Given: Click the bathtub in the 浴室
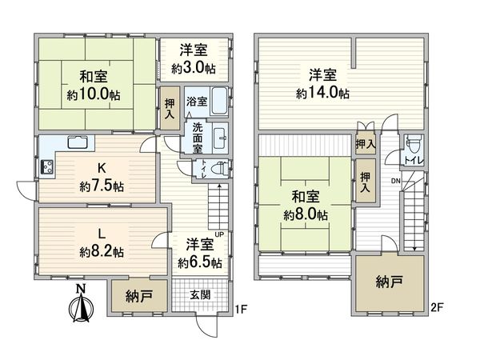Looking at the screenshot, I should [218, 103].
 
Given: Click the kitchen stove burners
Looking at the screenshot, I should [46, 168].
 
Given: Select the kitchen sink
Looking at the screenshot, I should [79, 144].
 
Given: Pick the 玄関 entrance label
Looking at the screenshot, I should [200, 296].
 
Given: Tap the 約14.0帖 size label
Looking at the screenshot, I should [322, 93].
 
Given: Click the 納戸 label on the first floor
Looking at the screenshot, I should [139, 297].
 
